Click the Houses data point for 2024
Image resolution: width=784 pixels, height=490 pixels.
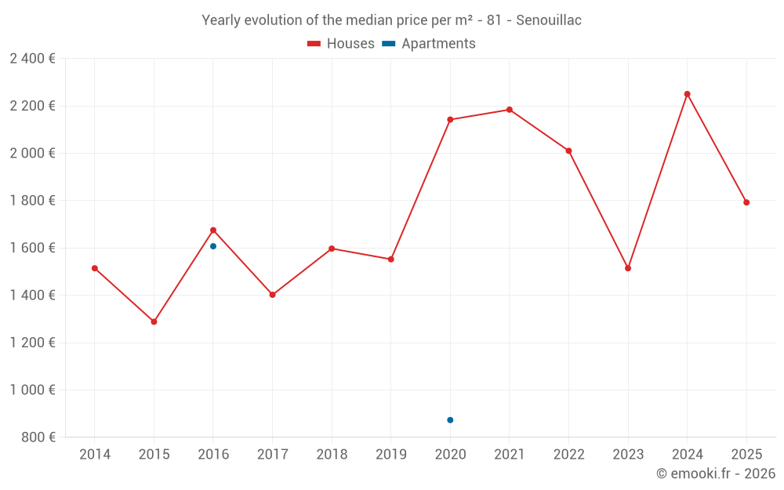pyautogui.click(x=687, y=94)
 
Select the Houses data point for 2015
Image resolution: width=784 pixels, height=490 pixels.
pyautogui.click(x=154, y=321)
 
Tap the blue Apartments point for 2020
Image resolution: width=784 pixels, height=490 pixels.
pyautogui.click(x=450, y=420)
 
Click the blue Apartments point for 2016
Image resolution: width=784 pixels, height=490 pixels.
pyautogui.click(x=213, y=246)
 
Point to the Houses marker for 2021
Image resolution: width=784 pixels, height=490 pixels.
pyautogui.click(x=510, y=110)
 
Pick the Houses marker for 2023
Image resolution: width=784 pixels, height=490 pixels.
pyautogui.click(x=628, y=268)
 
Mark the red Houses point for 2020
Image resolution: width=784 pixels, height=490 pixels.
pyautogui.click(x=450, y=120)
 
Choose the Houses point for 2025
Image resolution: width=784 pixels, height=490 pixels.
pyautogui.click(x=746, y=202)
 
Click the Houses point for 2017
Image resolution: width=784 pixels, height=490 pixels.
pyautogui.click(x=272, y=295)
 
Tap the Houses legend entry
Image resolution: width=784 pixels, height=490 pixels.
pyautogui.click(x=341, y=44)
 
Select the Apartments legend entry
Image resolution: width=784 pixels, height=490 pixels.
pyautogui.click(x=429, y=44)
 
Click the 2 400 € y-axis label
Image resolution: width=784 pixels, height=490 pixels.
pyautogui.click(x=32, y=59)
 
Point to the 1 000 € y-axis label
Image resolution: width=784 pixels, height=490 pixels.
pyautogui.click(x=32, y=390)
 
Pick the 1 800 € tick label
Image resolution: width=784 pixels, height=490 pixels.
pyautogui.click(x=32, y=201)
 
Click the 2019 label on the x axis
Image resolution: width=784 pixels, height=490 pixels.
pyautogui.click(x=390, y=455)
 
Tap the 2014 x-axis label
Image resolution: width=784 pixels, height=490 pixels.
pyautogui.click(x=95, y=455)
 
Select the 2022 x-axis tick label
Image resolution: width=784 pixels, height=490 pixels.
pyautogui.click(x=568, y=455)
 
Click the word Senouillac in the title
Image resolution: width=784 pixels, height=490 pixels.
pyautogui.click(x=549, y=20)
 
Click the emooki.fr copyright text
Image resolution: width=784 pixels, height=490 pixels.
pyautogui.click(x=716, y=474)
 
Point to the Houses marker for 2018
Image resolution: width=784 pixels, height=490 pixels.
pyautogui.click(x=332, y=249)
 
